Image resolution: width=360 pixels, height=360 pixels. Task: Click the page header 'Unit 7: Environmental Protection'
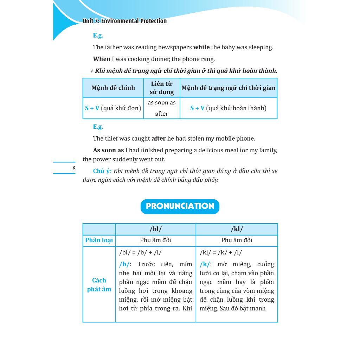[x=124, y=21]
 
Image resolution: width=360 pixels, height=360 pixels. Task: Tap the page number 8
[x=74, y=168]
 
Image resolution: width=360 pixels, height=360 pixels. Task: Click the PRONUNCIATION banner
[x=180, y=206]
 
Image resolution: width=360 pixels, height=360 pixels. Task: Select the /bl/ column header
[x=155, y=229]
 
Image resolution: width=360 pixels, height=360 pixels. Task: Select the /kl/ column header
[x=237, y=229]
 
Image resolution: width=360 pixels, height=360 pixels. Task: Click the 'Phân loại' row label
[x=99, y=240]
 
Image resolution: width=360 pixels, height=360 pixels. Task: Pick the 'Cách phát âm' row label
[x=99, y=285]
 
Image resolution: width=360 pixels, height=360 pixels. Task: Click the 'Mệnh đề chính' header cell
[x=113, y=88]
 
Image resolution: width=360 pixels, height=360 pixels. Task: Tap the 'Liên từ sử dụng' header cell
[x=162, y=88]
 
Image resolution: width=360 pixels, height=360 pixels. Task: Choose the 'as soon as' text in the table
[x=162, y=103]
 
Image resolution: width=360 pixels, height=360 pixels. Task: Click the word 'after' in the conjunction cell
[x=162, y=114]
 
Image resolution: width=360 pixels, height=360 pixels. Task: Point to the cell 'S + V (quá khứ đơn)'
[x=113, y=108]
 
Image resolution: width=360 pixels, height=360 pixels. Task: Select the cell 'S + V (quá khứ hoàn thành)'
[x=228, y=108]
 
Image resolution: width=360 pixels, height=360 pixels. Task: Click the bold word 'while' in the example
[x=201, y=47]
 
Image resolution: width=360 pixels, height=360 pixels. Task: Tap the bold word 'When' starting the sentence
[x=102, y=59]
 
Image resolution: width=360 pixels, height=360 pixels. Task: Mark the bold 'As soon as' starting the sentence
[x=108, y=150]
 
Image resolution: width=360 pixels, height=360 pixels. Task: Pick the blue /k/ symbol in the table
[x=205, y=264]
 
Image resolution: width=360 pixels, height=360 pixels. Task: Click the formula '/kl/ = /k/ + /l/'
[x=220, y=253]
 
